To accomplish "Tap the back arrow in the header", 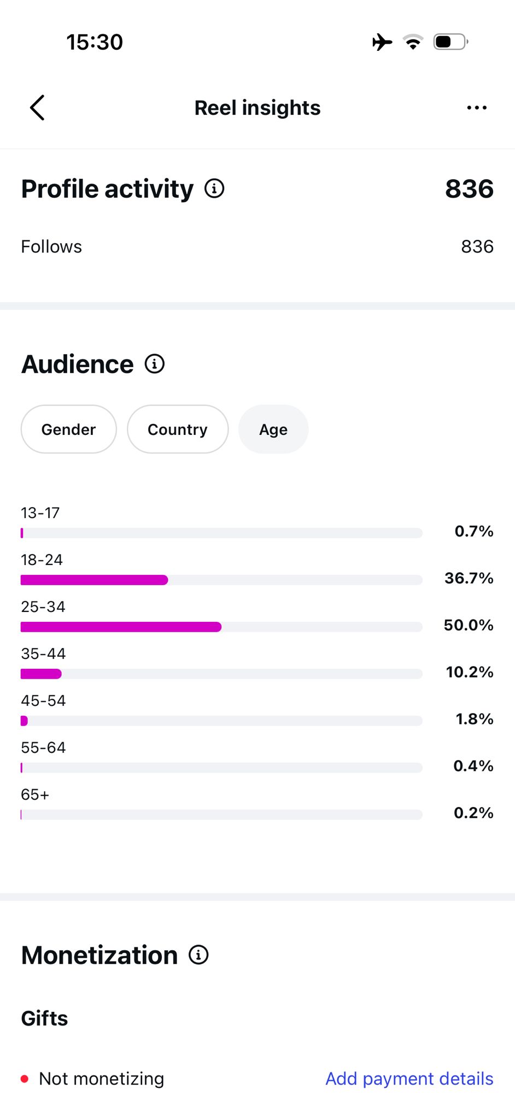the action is click(x=37, y=108).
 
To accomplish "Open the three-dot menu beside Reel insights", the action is click(x=477, y=108).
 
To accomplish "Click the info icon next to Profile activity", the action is click(x=214, y=189).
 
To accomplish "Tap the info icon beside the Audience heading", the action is click(x=155, y=364).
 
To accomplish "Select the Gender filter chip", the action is click(x=69, y=429).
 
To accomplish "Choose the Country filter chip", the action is click(x=178, y=429).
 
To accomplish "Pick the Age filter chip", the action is click(x=273, y=429).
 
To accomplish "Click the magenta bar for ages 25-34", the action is click(x=121, y=627).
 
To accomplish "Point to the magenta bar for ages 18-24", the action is click(x=94, y=580).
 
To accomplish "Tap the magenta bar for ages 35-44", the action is click(x=41, y=674).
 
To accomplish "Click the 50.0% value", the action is click(x=469, y=625).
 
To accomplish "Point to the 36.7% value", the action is click(x=469, y=578).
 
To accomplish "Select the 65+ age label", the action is click(x=35, y=794).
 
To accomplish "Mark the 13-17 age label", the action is click(x=40, y=513).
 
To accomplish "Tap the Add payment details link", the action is click(x=409, y=1079).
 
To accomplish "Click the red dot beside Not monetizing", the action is click(x=25, y=1079).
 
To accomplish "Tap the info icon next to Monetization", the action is click(x=198, y=955).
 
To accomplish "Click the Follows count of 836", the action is click(x=477, y=246).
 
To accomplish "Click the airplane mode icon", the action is click(x=382, y=42).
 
